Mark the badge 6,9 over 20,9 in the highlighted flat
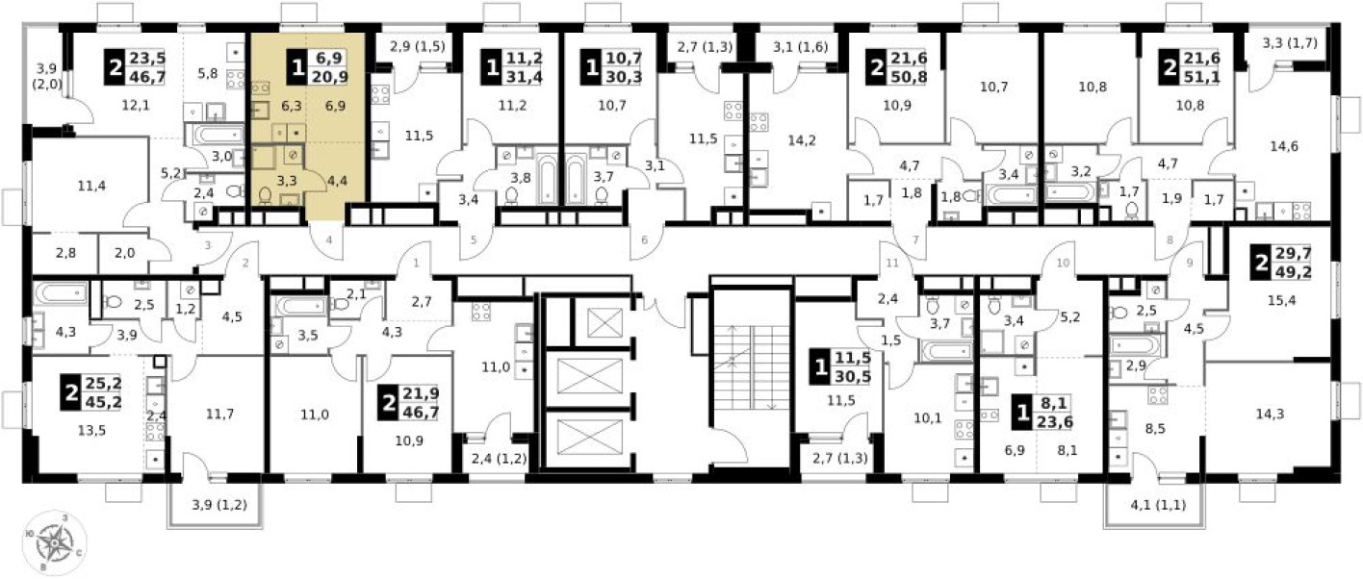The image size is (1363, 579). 315,69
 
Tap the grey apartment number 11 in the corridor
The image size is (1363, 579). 890,262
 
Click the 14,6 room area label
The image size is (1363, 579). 1282,147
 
